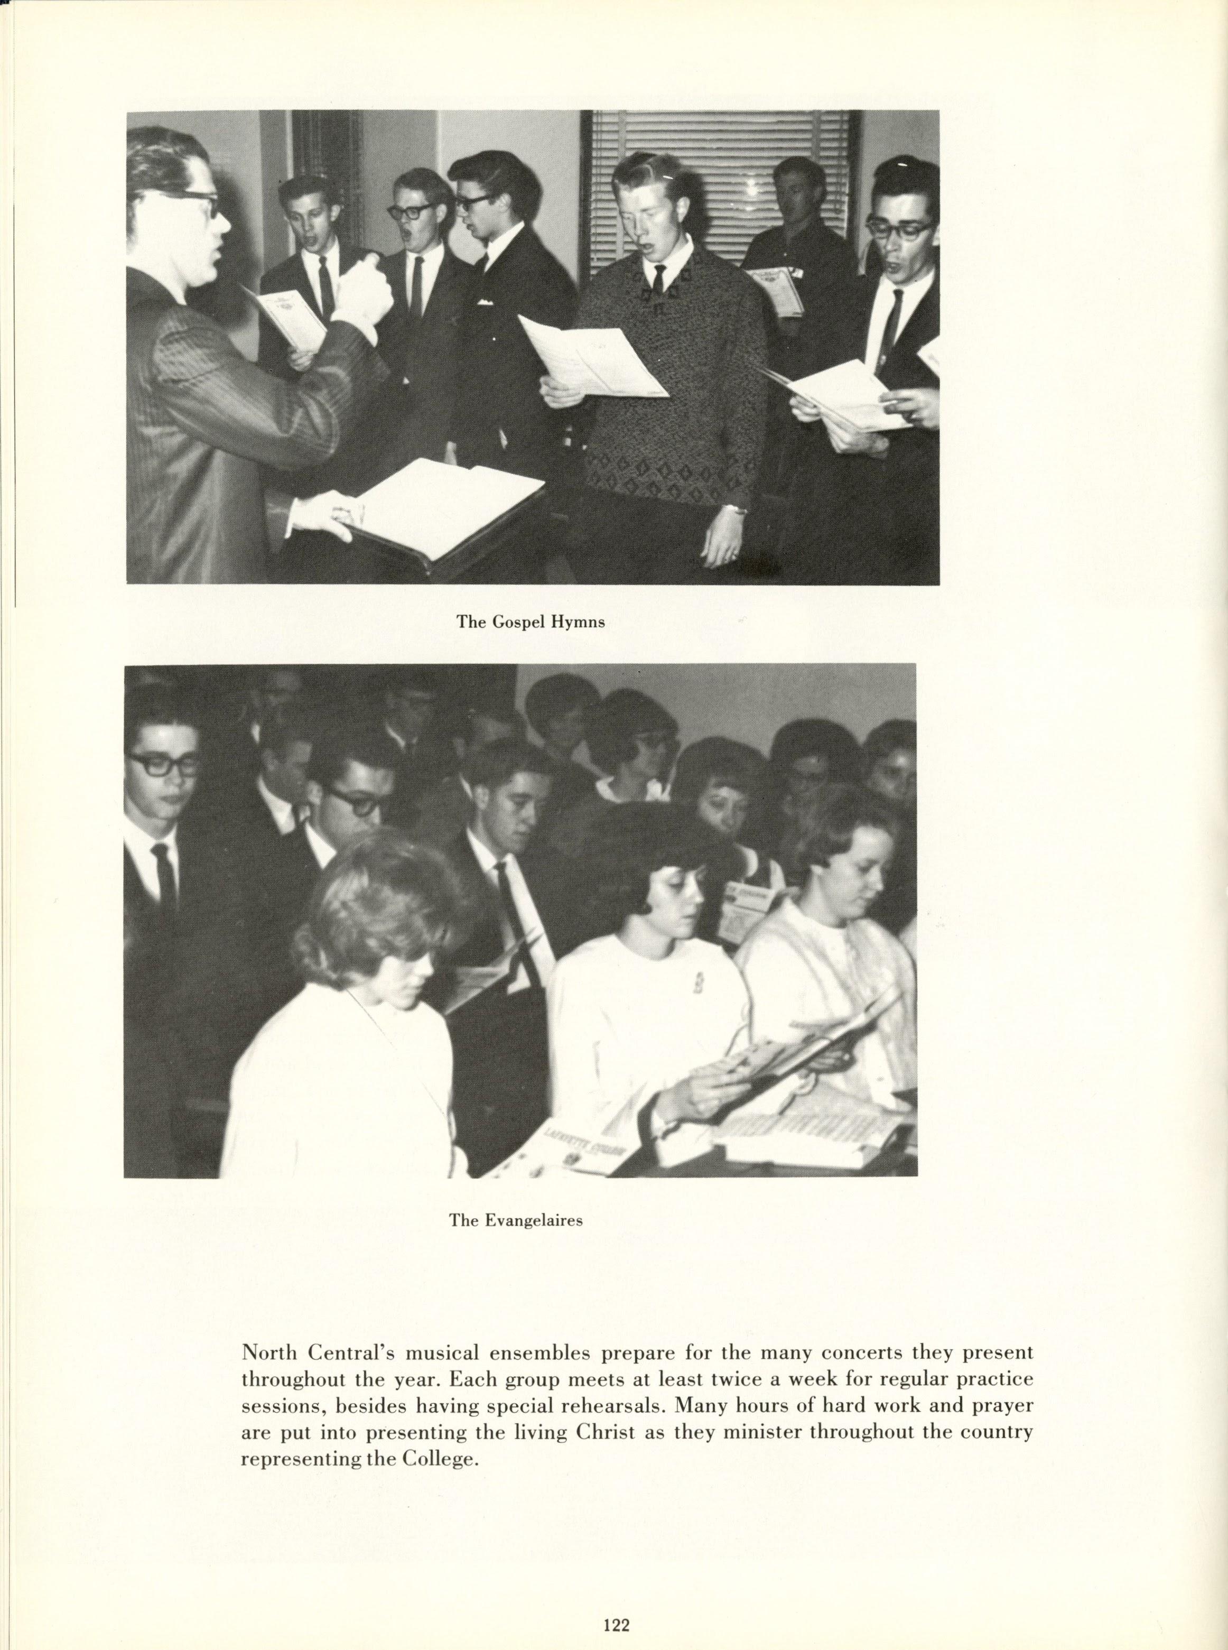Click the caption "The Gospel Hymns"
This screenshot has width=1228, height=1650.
(x=531, y=622)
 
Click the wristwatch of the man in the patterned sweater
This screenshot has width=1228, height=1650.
(x=737, y=509)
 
